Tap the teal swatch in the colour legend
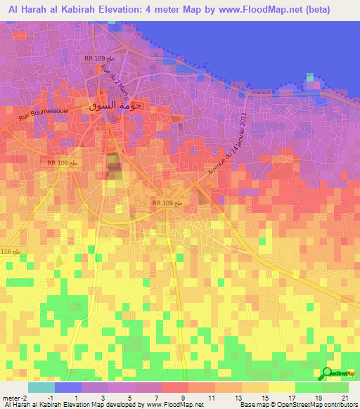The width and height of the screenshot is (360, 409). pyautogui.click(x=41, y=387)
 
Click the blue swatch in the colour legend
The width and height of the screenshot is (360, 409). pyautogui.click(x=68, y=387)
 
